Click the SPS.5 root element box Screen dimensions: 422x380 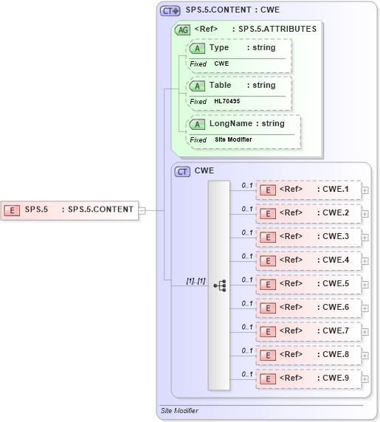[69, 210]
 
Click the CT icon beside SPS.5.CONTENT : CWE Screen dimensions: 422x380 [170, 11]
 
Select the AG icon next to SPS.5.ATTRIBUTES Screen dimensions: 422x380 [182, 30]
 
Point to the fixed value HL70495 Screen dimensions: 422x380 [227, 101]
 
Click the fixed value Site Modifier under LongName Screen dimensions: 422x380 [233, 139]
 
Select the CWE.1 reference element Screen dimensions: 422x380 [308, 190]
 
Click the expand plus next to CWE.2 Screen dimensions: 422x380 [365, 214]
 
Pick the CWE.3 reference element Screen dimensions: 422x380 [308, 237]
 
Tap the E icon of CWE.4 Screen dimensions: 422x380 [269, 261]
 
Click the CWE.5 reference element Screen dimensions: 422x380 [308, 284]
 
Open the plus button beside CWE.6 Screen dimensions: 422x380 [365, 308]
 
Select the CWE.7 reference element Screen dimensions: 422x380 [308, 331]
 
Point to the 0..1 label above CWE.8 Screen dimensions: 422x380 [248, 350]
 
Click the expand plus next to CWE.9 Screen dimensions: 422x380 [365, 379]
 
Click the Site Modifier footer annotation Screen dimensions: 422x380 [179, 410]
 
